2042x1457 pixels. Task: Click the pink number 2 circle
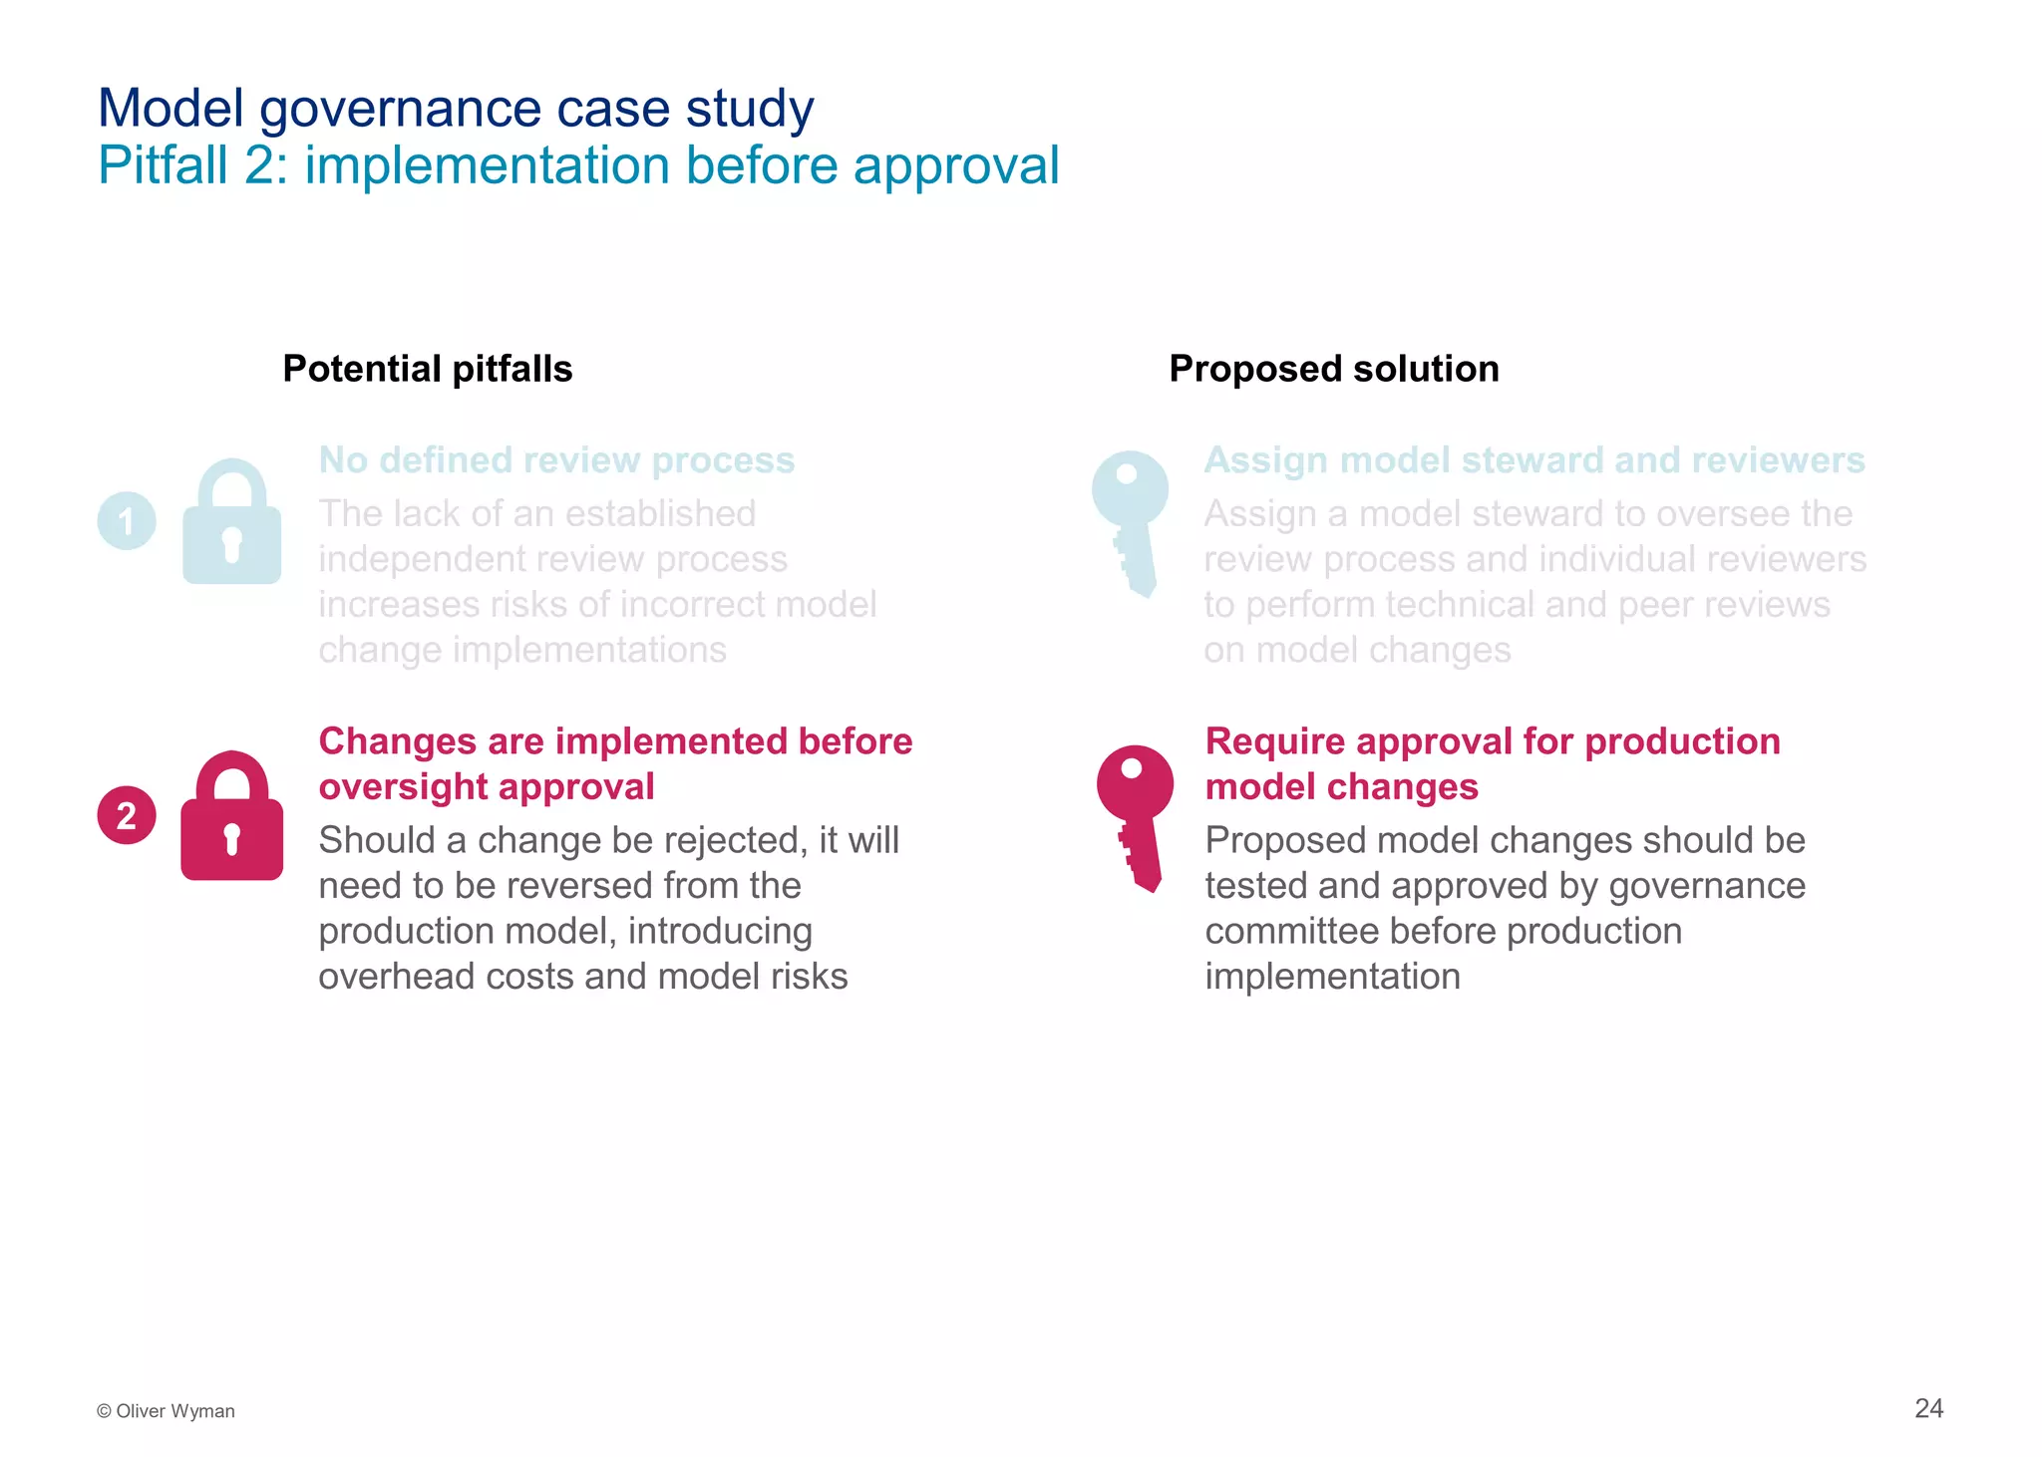click(x=127, y=815)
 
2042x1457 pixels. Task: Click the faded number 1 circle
click(x=127, y=520)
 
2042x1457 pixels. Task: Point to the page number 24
click(x=1928, y=1408)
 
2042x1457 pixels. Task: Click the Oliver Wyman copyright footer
click(x=166, y=1411)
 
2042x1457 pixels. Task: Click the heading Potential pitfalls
click(x=428, y=369)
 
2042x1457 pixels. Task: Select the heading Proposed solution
click(x=1333, y=369)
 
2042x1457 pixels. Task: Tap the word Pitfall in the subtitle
click(x=164, y=165)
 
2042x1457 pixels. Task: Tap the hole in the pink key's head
click(x=1132, y=768)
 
